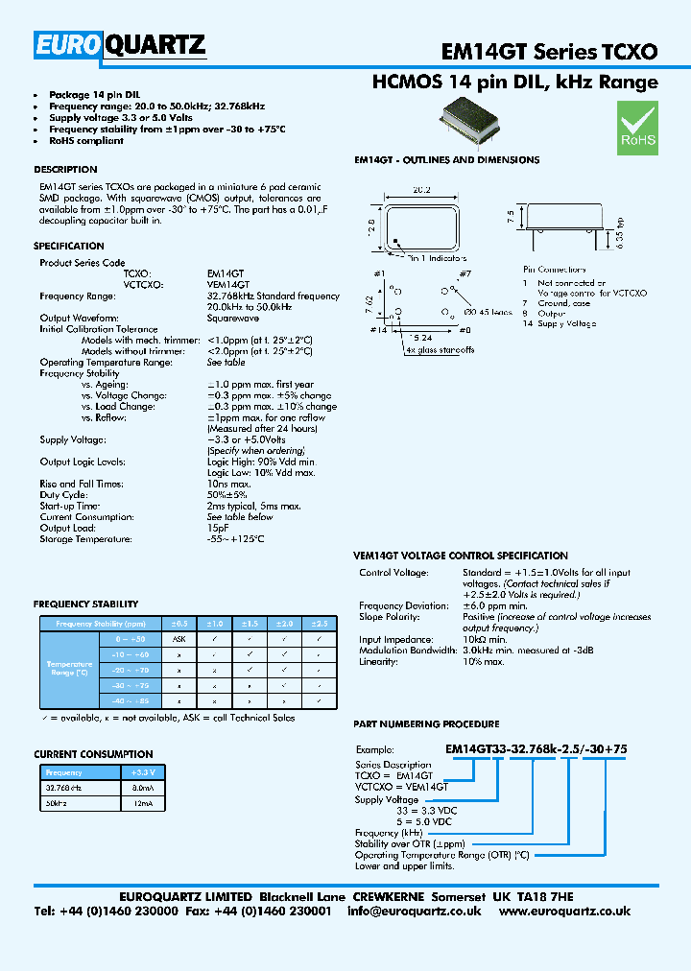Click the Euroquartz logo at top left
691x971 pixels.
point(120,44)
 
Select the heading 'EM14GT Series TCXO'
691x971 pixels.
point(549,51)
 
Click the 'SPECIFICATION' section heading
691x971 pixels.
point(68,247)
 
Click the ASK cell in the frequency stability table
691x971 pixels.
point(179,638)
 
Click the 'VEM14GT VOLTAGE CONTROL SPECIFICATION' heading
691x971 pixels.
point(461,556)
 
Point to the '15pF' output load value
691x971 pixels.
point(218,528)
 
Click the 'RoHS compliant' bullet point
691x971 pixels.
point(86,140)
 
